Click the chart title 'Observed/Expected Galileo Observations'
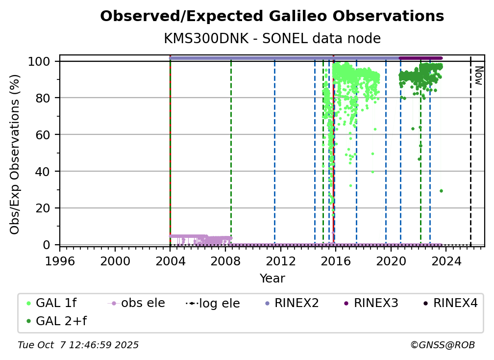pyautogui.click(x=272, y=17)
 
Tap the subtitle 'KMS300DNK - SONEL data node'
pyautogui.click(x=272, y=38)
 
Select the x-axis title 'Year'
pyautogui.click(x=272, y=279)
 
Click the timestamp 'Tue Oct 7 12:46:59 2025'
pyautogui.click(x=78, y=345)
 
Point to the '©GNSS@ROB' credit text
pyautogui.click(x=442, y=345)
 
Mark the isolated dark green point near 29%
pyautogui.click(x=441, y=191)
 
